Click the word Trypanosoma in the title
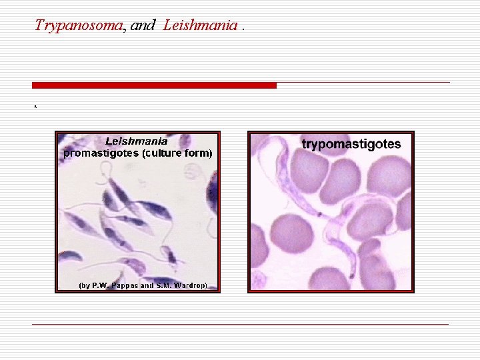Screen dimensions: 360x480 click(x=79, y=25)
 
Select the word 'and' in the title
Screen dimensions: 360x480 click(x=143, y=25)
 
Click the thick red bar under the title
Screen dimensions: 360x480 click(x=154, y=85)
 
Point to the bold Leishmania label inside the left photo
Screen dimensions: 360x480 click(x=137, y=141)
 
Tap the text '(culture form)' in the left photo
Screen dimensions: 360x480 click(x=176, y=153)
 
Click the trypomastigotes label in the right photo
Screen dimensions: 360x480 click(x=351, y=144)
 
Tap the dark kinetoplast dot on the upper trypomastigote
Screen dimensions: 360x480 click(x=319, y=215)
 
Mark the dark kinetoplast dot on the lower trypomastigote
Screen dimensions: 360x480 click(x=349, y=274)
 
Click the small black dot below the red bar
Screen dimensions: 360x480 click(x=34, y=106)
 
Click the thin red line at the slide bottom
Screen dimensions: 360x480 click(x=240, y=324)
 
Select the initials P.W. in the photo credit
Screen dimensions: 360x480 click(x=99, y=285)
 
